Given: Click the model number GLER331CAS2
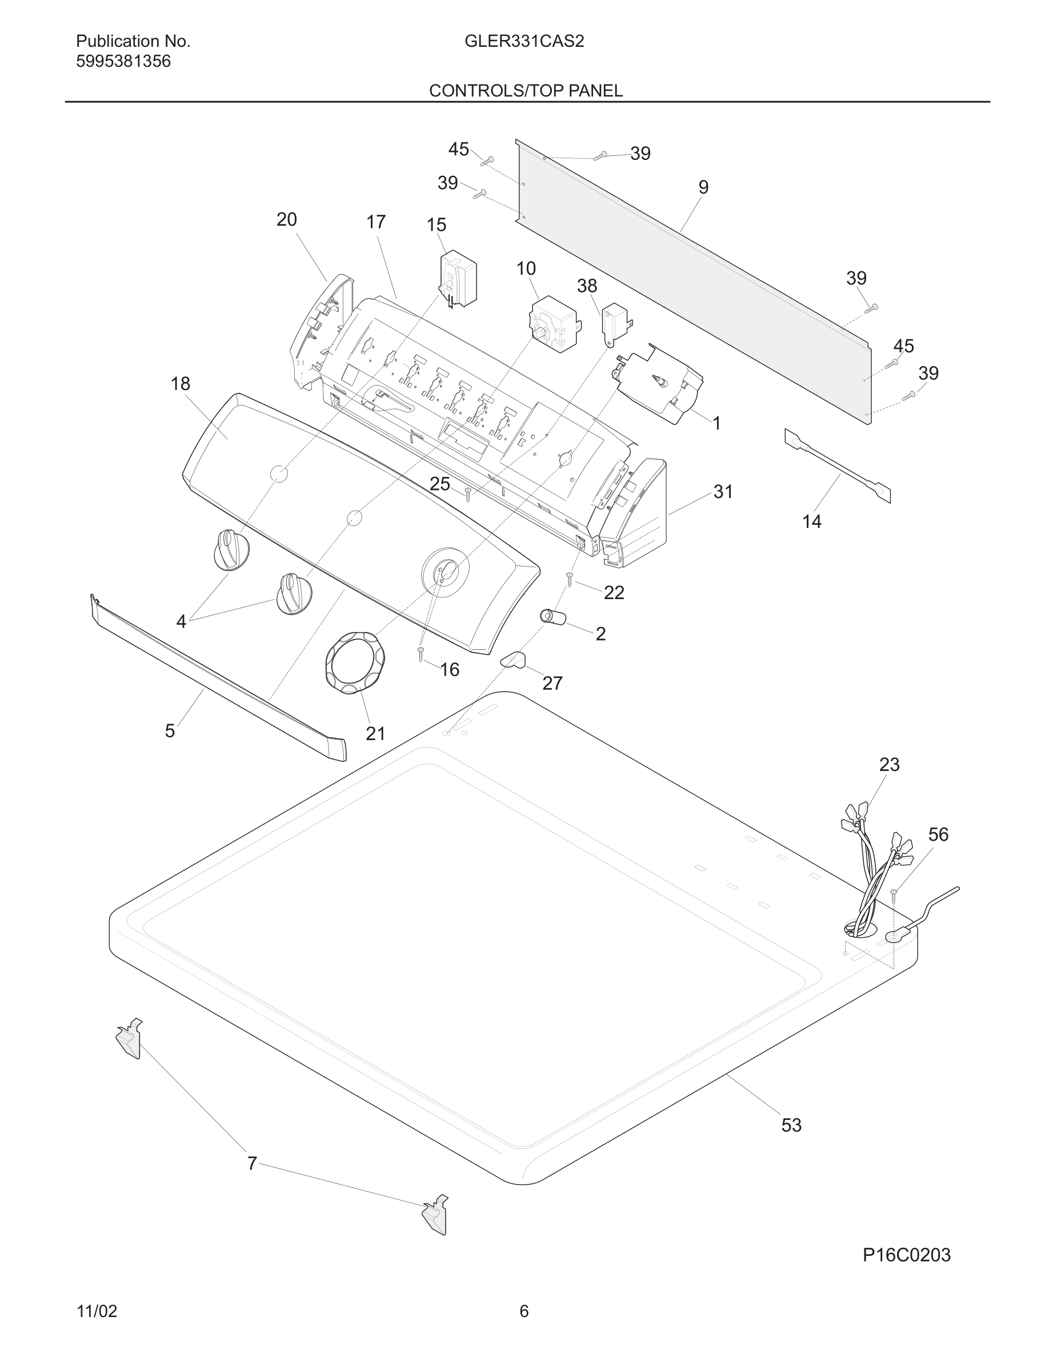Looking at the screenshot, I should pos(524,42).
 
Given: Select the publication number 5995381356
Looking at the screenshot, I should pos(123,62).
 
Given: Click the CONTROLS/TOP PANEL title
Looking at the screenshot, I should pos(525,91).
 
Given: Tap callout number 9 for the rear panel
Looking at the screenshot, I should pos(703,187).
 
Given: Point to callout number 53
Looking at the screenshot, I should pos(791,1125).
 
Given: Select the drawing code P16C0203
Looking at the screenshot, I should pos(906,1254).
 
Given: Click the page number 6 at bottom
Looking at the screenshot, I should pos(524,1311).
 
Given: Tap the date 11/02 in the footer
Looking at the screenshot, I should pos(97,1311).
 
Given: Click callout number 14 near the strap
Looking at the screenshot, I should pos(812,521).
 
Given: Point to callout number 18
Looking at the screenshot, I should pos(180,384).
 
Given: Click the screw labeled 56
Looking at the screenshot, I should pos(893,894).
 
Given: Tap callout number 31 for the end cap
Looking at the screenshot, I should pos(723,492).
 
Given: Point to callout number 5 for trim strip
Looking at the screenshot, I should pos(170,730).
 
